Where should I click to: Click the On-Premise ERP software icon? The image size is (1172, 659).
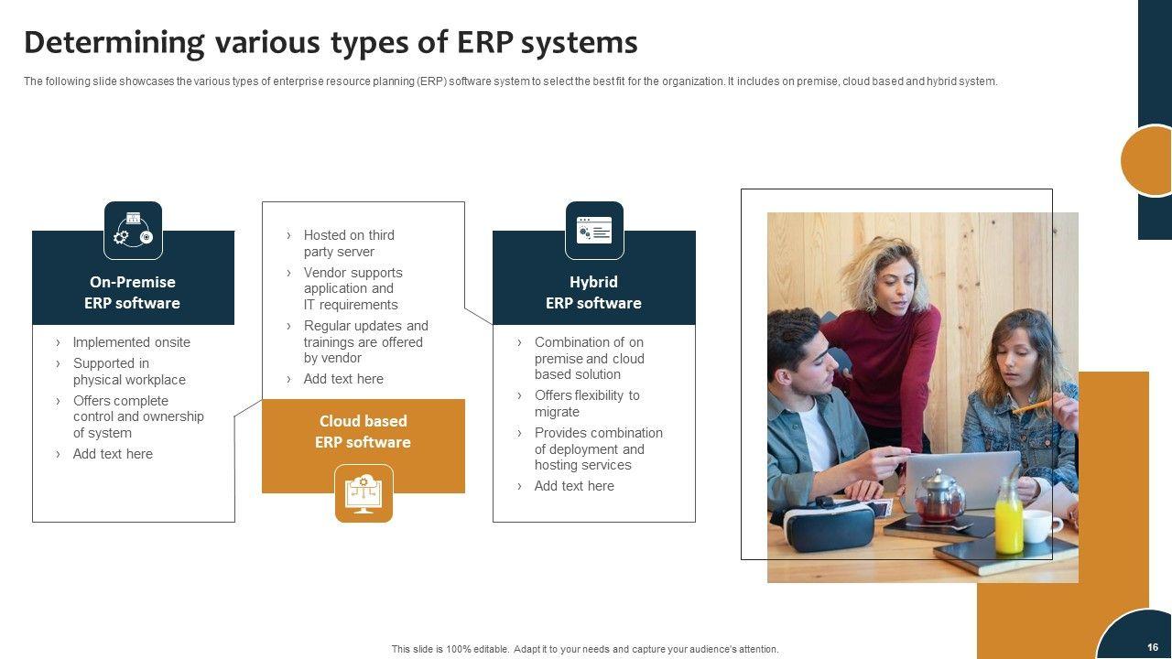[133, 231]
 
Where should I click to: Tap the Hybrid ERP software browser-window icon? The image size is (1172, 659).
[594, 231]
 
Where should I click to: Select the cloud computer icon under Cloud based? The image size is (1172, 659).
[364, 493]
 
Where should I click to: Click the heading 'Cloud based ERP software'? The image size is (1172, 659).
[364, 431]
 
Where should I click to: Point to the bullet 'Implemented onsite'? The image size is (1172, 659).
[131, 342]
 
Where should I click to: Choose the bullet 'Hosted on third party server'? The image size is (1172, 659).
[349, 243]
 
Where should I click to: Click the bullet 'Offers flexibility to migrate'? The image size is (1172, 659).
[587, 404]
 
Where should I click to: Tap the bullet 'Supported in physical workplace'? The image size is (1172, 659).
[129, 372]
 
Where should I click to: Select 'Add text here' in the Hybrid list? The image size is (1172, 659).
[574, 486]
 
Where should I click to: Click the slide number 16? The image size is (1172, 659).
[1152, 647]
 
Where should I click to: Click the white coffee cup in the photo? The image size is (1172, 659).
[1041, 525]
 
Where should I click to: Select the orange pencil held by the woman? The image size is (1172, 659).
[1033, 405]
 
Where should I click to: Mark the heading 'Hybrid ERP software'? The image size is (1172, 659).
[593, 292]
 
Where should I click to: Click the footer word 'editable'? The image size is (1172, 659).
[490, 649]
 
